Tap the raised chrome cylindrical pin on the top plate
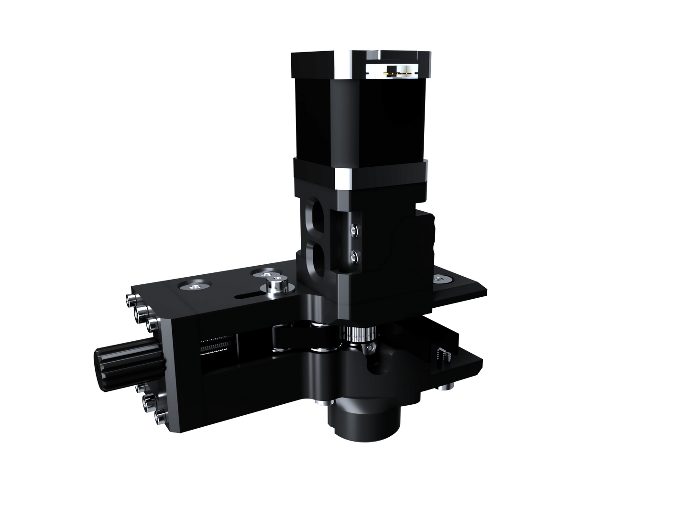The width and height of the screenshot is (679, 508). click(x=276, y=286)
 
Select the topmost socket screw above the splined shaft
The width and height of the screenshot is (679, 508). click(x=131, y=301)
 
